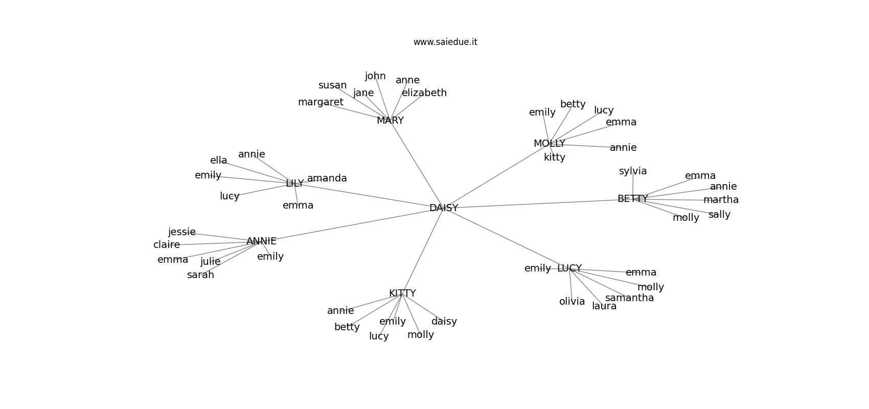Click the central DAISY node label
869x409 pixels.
pyautogui.click(x=444, y=208)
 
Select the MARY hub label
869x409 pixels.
pyautogui.click(x=390, y=121)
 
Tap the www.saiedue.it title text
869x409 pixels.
pyautogui.click(x=445, y=42)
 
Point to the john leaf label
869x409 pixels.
pyautogui.click(x=375, y=76)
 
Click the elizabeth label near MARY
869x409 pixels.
pyautogui.click(x=424, y=93)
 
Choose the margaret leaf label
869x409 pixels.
pyautogui.click(x=321, y=102)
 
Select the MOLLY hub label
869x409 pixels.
pyautogui.click(x=549, y=144)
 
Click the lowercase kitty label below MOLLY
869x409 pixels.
pyautogui.click(x=555, y=157)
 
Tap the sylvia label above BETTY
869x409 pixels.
pyautogui.click(x=633, y=171)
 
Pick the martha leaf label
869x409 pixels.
pyautogui.click(x=721, y=200)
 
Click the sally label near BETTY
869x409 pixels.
pyautogui.click(x=719, y=215)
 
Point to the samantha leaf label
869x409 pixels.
pyautogui.click(x=629, y=298)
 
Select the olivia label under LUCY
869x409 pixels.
pyautogui.click(x=572, y=302)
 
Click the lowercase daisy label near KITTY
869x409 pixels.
pyautogui.click(x=444, y=322)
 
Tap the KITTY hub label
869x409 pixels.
pyautogui.click(x=402, y=293)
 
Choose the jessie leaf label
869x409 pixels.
pyautogui.click(x=182, y=232)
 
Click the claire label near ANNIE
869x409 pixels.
pyautogui.click(x=167, y=245)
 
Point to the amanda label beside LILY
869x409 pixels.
pyautogui.click(x=327, y=178)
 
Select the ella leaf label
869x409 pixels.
pyautogui.click(x=218, y=161)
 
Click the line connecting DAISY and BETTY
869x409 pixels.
pyautogui.click(x=537, y=204)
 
